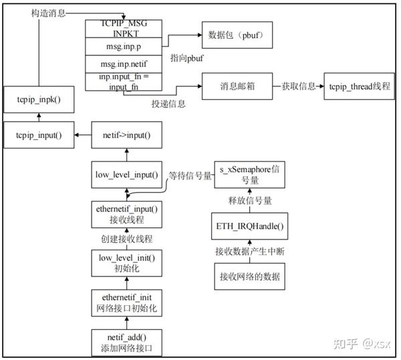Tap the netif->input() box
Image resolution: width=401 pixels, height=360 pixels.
127,135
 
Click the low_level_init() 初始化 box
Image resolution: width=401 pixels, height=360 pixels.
127,261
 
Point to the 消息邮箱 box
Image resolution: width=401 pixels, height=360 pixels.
235,88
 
